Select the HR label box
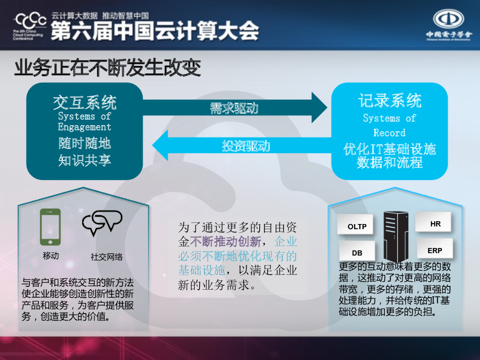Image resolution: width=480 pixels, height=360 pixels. coord(435,224)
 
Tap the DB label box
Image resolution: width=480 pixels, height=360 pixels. coord(357,252)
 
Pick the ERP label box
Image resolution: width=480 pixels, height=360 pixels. coord(435,250)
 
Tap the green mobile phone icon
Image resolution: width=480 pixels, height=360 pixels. coord(50,227)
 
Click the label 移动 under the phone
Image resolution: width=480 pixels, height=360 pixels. coord(51,256)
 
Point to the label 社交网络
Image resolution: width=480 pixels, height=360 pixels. coord(106,257)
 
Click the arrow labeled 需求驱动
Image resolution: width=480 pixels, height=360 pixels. coord(234,108)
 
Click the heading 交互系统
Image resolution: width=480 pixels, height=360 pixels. coord(84,102)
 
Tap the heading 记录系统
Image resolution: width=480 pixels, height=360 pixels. coord(390,100)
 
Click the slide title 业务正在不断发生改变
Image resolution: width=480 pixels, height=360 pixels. coord(108,68)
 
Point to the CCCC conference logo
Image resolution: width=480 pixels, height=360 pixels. coord(30,26)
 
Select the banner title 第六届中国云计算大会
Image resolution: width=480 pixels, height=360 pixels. coord(155,31)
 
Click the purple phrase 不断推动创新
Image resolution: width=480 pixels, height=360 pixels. coord(225,242)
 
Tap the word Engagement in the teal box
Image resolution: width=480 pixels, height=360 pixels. coord(84,127)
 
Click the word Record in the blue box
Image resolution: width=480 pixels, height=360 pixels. coord(389,133)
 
